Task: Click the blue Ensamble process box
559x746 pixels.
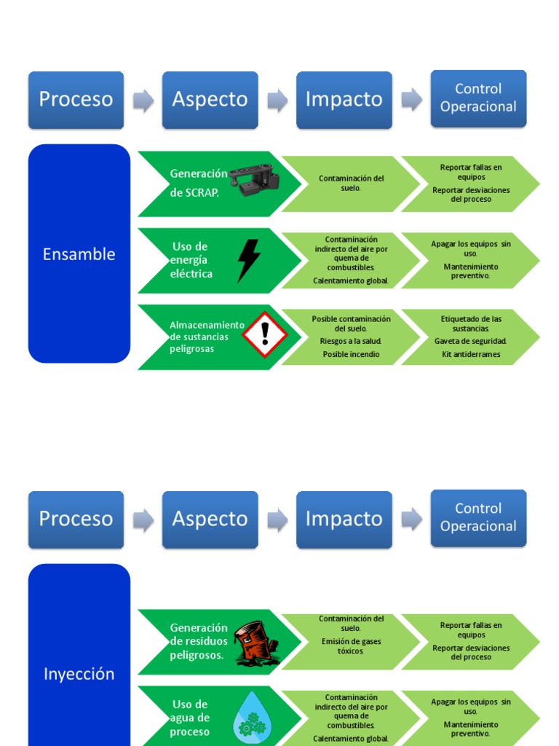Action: click(x=79, y=254)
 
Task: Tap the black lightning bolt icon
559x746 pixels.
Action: click(x=248, y=260)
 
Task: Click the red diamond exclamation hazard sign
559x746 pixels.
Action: click(x=265, y=334)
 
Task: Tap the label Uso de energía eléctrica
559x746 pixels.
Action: click(x=191, y=260)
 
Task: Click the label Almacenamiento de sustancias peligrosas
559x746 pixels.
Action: click(x=206, y=337)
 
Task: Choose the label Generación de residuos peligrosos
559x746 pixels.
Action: click(x=198, y=641)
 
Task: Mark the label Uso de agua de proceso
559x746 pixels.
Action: click(x=190, y=718)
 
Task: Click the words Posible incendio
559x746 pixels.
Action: click(x=351, y=355)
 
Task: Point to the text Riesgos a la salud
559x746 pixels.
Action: click(x=351, y=341)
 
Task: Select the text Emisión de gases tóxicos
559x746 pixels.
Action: click(x=351, y=646)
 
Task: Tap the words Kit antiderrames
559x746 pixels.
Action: click(x=471, y=355)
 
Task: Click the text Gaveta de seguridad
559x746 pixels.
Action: click(x=471, y=341)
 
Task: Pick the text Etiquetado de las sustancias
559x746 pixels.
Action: click(x=471, y=323)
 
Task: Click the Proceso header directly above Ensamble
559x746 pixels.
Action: click(x=76, y=100)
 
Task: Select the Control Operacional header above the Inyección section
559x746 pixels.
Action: click(x=478, y=517)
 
